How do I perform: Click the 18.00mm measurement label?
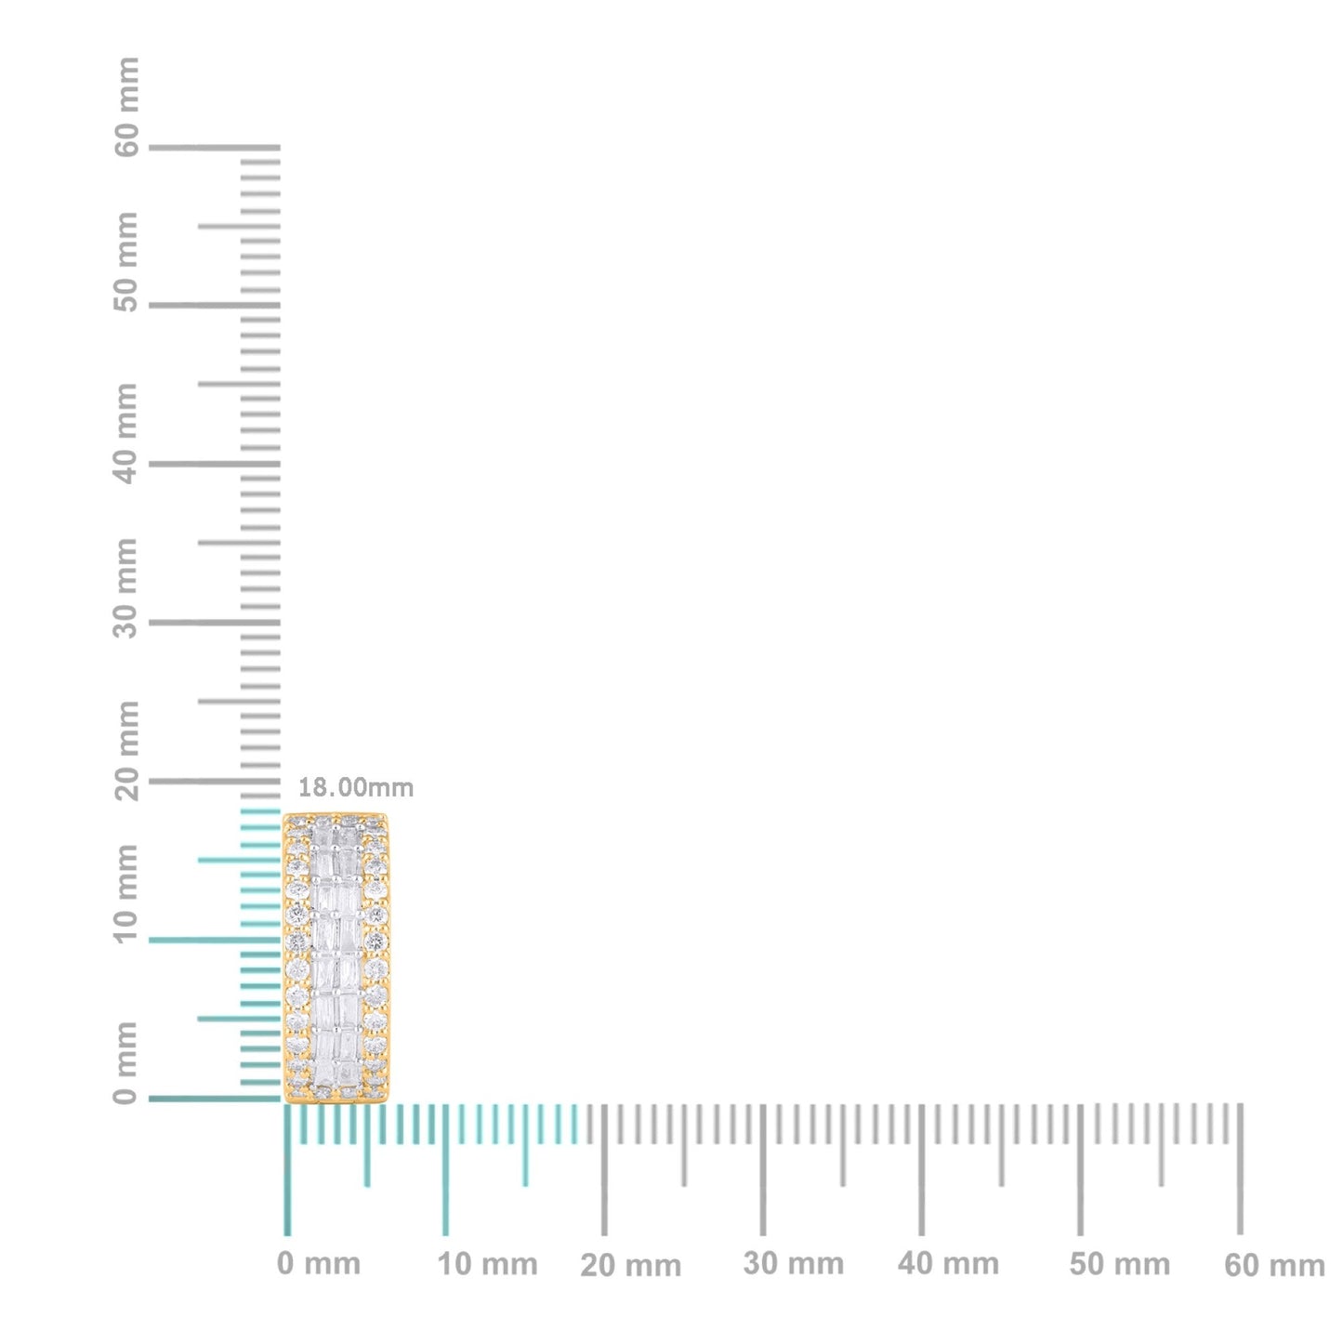coord(355,788)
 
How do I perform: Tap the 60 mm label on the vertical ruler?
coord(127,107)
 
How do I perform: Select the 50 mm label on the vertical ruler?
coord(127,262)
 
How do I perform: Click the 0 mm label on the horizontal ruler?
coord(319,1264)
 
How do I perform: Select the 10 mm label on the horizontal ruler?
coord(488,1264)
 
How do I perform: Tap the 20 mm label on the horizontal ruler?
coord(631,1266)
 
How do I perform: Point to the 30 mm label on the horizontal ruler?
coord(794,1264)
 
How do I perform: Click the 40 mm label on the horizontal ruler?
coord(948,1264)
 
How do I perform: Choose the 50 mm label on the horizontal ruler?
coord(1119,1264)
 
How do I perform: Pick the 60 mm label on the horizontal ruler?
coord(1274,1266)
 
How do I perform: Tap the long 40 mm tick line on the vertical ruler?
coord(214,464)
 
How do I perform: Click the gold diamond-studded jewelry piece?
coord(336,957)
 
